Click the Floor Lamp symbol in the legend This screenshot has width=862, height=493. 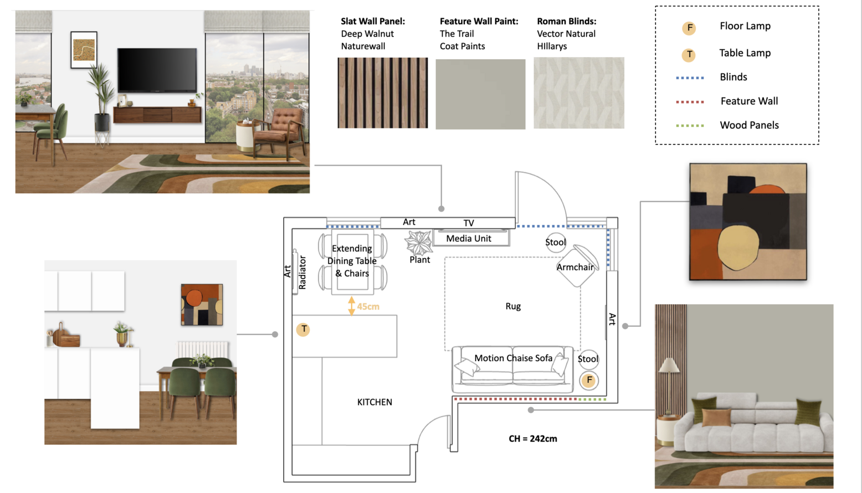(689, 28)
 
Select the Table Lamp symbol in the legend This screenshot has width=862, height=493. (689, 54)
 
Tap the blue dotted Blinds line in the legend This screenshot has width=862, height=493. (690, 78)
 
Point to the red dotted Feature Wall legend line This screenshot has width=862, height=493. (690, 102)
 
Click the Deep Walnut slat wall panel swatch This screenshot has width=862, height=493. (382, 93)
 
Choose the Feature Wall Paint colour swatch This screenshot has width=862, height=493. (480, 94)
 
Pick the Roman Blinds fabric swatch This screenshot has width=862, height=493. (578, 93)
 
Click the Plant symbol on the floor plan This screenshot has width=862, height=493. (418, 243)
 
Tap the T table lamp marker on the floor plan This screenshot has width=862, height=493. (303, 330)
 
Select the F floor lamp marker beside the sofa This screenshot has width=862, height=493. (589, 380)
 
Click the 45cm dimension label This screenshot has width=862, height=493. (368, 306)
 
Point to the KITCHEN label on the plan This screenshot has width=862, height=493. (374, 402)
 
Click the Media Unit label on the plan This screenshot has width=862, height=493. (469, 239)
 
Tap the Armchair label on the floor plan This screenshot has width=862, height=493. (575, 267)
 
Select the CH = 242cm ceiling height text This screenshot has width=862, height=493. (533, 439)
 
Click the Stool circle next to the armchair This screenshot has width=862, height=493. (555, 242)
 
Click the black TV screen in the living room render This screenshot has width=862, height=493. (157, 70)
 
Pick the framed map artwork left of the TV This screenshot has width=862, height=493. (84, 50)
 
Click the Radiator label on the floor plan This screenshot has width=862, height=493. (302, 272)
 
